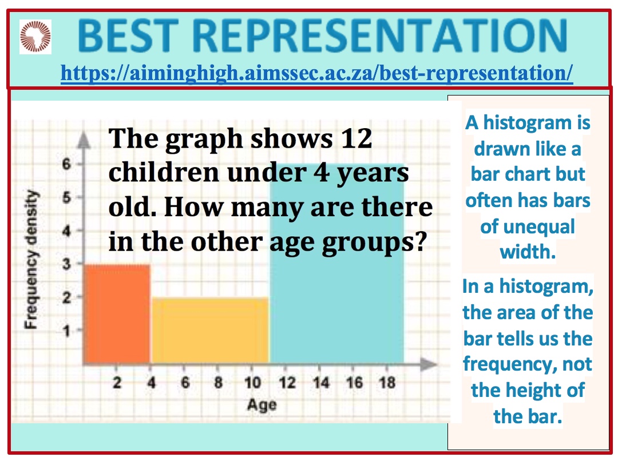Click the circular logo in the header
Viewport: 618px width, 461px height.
pos(35,37)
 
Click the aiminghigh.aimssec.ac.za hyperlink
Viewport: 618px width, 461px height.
pos(316,73)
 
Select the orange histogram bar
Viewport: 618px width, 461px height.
pos(117,313)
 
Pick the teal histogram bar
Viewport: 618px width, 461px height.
pos(337,263)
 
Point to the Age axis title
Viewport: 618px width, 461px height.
pos(262,405)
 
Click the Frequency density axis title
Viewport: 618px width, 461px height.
pos(31,259)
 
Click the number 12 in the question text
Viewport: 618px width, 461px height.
pos(356,138)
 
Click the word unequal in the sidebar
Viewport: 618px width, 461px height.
pos(528,227)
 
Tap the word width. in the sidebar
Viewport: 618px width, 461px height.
pos(528,252)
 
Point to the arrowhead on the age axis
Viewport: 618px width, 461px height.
pos(429,364)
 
